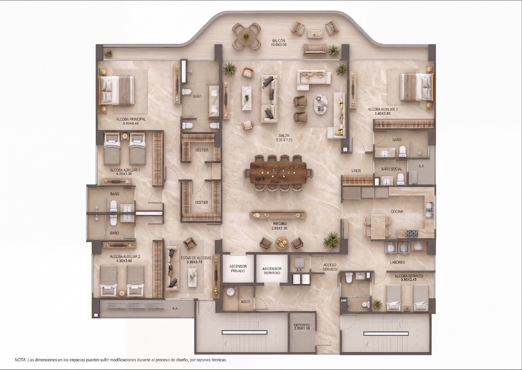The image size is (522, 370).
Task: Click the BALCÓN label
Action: [278, 41]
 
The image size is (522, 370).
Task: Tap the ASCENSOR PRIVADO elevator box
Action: [238, 268]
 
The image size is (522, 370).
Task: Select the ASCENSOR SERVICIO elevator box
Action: [272, 268]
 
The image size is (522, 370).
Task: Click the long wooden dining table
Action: [278, 172]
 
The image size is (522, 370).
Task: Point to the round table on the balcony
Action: [246, 37]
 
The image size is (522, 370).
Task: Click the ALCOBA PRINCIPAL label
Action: [131, 119]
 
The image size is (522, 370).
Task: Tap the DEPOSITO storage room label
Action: [302, 325]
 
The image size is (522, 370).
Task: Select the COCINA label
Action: [397, 212]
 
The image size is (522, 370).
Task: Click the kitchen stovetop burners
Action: [412, 233]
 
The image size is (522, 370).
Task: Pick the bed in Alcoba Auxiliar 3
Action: [417, 87]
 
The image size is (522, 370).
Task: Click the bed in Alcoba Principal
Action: [117, 90]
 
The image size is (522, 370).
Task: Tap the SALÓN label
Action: [284, 136]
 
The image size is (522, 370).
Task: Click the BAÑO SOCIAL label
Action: [392, 169]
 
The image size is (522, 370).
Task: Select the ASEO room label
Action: [245, 302]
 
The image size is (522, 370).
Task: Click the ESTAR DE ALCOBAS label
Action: [196, 258]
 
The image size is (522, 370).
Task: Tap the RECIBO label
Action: [280, 224]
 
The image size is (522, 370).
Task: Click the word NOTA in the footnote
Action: [20, 360]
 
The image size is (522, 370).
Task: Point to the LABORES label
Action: [398, 262]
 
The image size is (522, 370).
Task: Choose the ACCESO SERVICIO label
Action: [330, 267]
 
